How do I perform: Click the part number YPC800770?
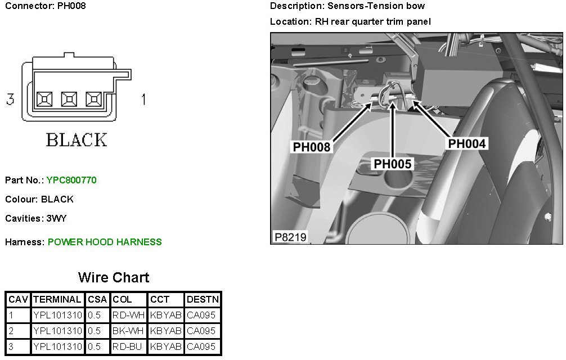point(71,181)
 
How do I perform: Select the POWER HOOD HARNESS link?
point(105,242)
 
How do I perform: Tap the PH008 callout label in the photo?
point(311,147)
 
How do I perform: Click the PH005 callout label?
point(393,164)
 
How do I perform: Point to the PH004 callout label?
point(466,143)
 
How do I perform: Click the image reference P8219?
point(290,237)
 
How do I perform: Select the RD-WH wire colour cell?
point(129,315)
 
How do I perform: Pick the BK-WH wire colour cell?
point(129,331)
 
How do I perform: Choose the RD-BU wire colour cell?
point(128,346)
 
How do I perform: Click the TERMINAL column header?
point(57,299)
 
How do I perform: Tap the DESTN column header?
point(203,299)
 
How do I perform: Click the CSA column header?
point(97,299)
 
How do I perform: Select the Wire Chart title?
point(114,277)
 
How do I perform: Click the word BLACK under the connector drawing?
point(77,139)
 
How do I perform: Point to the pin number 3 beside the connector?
point(10,100)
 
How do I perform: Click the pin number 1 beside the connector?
point(143,100)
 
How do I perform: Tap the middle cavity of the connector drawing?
point(68,100)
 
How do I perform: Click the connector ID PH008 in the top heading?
point(71,6)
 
